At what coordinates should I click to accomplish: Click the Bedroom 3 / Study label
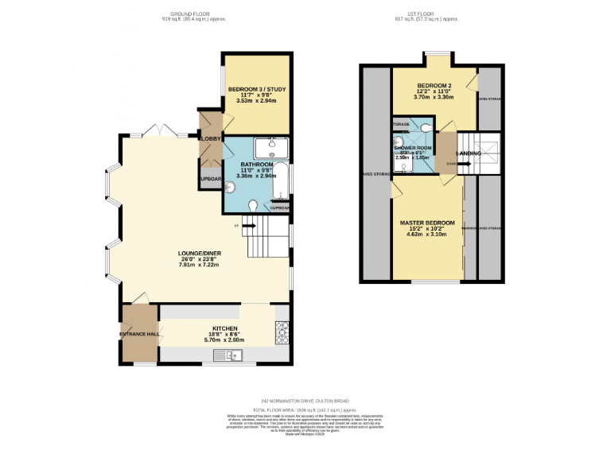pyautogui.click(x=256, y=88)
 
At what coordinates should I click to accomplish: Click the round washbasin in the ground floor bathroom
pyautogui.click(x=229, y=188)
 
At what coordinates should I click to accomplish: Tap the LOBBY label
pyautogui.click(x=211, y=139)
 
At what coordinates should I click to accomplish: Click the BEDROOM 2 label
pyautogui.click(x=434, y=85)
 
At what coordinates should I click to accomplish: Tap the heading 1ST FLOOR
pyautogui.click(x=428, y=14)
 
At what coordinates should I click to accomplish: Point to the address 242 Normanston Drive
pyautogui.click(x=305, y=401)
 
